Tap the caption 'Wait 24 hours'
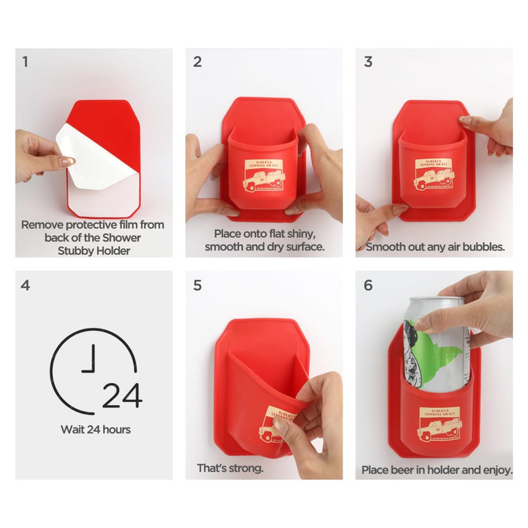pos(95,430)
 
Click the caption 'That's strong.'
pos(230,468)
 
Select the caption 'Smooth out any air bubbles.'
pos(434,246)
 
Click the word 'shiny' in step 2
pos(299,234)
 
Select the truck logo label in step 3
pos(435,174)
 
